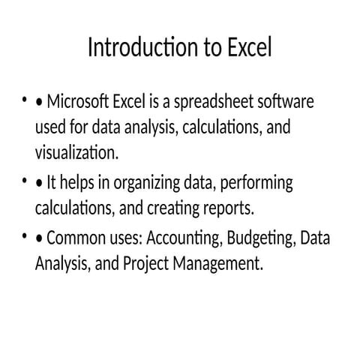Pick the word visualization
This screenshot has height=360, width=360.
[x=76, y=154]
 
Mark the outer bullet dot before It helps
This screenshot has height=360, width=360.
[x=24, y=182]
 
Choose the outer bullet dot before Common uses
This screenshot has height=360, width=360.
[x=24, y=239]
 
